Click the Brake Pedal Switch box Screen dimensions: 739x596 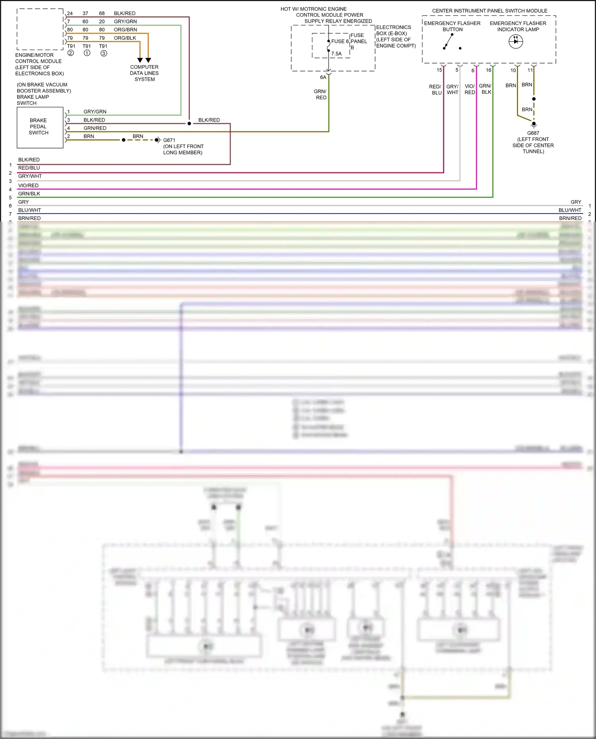coord(40,127)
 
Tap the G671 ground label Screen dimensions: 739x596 coord(169,140)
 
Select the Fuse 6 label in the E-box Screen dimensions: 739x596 coord(340,41)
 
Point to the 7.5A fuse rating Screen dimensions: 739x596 coord(336,54)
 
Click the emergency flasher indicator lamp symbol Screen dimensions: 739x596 coord(516,41)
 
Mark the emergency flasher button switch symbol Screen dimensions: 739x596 coord(449,41)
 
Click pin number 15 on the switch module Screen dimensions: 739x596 coord(439,70)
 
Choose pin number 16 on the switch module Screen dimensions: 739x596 coord(488,70)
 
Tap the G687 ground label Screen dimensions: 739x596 coord(533,133)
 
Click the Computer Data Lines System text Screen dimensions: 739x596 coord(144,73)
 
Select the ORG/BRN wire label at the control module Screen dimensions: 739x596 coord(125,30)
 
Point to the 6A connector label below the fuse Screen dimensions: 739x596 coord(323,77)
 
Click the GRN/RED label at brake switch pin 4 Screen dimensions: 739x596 coord(95,128)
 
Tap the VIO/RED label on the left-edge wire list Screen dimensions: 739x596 coord(28,185)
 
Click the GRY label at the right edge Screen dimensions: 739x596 coord(576,202)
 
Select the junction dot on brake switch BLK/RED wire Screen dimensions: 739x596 coord(189,123)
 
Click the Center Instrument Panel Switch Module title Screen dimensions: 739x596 coord(490,11)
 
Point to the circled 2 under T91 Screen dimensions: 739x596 coord(71,53)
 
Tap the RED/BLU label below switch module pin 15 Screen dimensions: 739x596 coord(435,89)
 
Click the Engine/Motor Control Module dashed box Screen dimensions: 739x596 coord(40,29)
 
